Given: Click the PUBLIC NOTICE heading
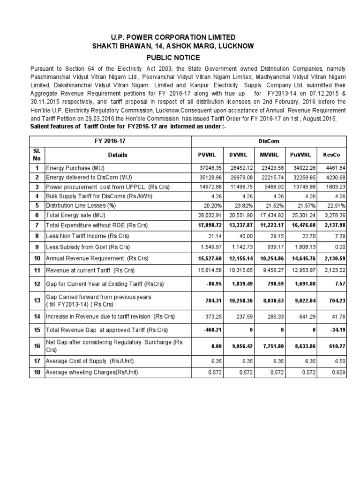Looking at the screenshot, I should click(180, 58).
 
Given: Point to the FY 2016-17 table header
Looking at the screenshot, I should click(110, 140).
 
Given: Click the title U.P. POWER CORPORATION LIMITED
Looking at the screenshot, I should click(180, 37).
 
